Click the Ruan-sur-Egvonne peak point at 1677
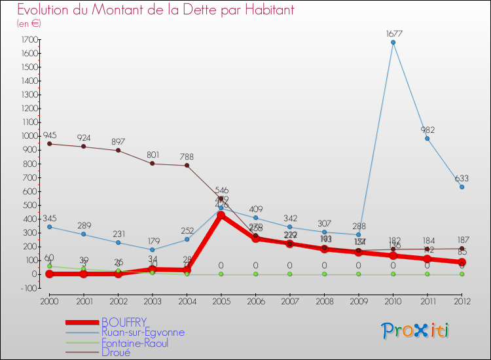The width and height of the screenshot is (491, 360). pos(393,43)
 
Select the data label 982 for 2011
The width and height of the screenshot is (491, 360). pos(428,130)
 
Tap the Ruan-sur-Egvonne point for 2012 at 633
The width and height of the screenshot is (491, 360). pos(462,187)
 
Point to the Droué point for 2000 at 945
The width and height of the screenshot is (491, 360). pos(49,143)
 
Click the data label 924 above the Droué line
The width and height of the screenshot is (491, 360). pos(84,138)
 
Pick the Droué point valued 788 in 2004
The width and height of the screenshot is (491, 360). pos(187,165)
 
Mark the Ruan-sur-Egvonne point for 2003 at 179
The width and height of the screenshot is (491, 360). pos(153,249)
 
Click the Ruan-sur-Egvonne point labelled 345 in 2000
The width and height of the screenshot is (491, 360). pos(49,226)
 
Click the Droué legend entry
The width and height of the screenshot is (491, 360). pos(116,352)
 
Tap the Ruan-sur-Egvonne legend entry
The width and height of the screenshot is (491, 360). pos(143,333)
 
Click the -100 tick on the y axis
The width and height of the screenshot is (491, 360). pos(27,288)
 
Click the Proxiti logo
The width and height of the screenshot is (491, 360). pos(415,331)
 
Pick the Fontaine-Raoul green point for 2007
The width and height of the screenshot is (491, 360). pos(289,274)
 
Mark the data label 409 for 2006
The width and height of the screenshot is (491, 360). pos(255,210)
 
